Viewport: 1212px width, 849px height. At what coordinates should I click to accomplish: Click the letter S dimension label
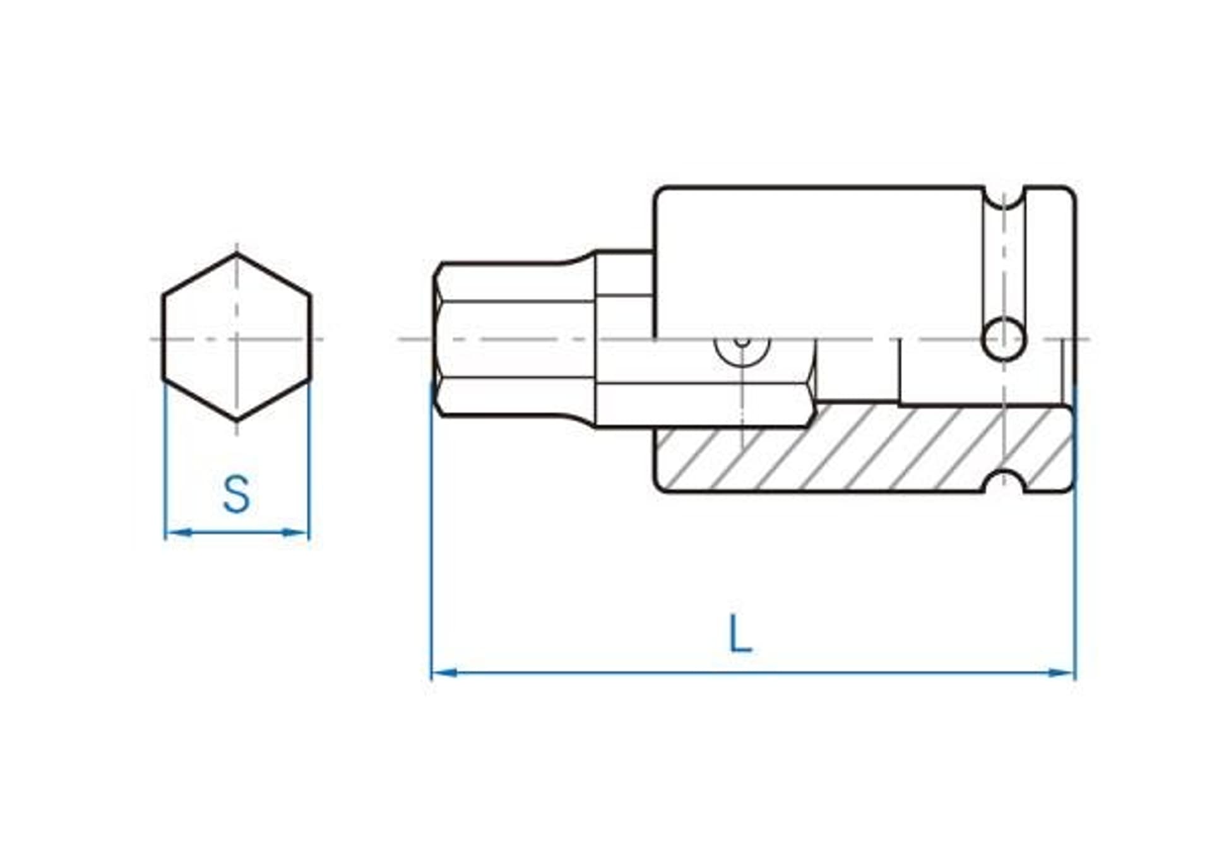tap(237, 495)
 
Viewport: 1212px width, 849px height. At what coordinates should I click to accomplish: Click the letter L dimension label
tap(740, 634)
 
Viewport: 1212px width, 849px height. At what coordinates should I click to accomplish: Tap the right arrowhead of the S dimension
tap(297, 533)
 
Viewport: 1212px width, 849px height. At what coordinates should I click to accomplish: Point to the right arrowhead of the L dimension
tap(1063, 673)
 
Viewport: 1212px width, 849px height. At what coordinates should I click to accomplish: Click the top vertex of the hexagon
tap(237, 254)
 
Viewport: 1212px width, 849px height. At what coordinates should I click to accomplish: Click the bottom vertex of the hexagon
tap(237, 420)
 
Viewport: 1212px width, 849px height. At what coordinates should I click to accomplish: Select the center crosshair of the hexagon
tap(237, 339)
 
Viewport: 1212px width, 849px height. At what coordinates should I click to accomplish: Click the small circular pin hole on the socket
tap(1004, 339)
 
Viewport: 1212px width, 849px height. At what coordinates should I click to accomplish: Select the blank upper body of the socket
tap(814, 259)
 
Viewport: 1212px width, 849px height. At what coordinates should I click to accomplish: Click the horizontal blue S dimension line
tap(237, 533)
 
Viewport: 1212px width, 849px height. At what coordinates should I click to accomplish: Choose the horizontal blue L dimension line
tap(751, 673)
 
